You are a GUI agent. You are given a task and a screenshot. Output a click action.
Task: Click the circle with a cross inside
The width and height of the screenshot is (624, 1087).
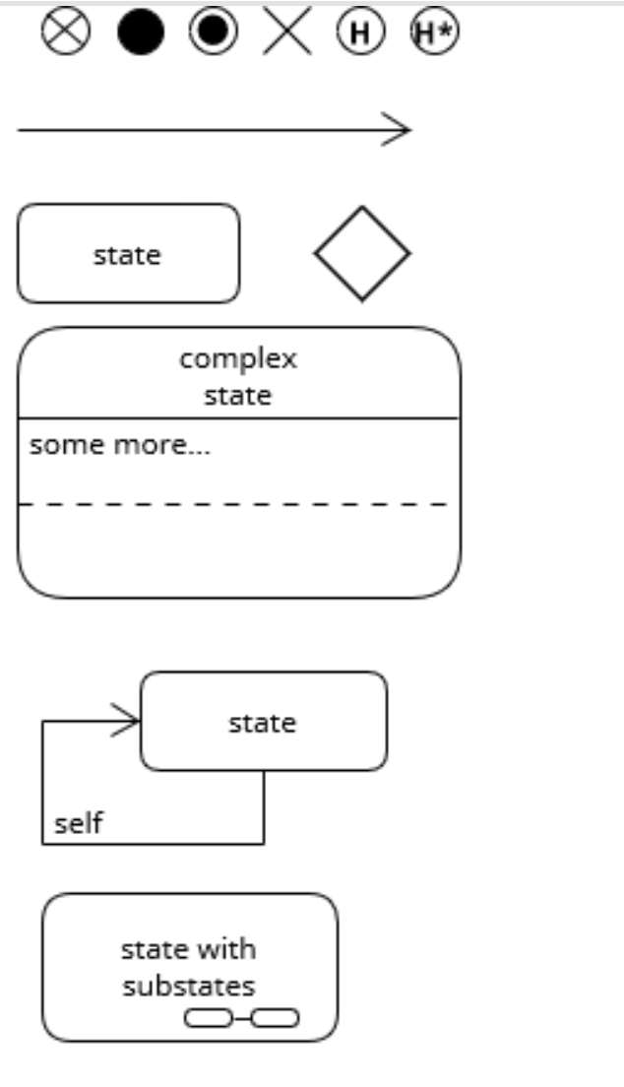[x=66, y=32]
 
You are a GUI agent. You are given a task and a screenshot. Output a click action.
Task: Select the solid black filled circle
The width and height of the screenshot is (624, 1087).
[x=141, y=32]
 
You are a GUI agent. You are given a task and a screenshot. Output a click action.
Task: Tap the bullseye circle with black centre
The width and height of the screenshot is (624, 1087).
[x=213, y=32]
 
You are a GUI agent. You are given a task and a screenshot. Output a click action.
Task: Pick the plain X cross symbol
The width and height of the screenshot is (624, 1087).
[x=287, y=32]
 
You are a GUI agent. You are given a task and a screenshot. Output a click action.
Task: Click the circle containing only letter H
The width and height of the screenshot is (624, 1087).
[x=361, y=32]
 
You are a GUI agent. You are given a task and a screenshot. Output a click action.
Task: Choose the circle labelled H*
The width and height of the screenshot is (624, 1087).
[x=435, y=32]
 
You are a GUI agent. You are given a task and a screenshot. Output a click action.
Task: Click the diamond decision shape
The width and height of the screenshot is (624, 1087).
[x=362, y=253]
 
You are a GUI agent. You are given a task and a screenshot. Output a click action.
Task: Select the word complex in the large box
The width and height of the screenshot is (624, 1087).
[x=237, y=358]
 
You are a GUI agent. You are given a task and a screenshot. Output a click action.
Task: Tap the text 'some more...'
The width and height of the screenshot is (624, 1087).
[x=119, y=445]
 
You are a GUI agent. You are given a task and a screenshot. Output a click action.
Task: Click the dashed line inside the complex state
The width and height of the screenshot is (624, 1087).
[x=236, y=504]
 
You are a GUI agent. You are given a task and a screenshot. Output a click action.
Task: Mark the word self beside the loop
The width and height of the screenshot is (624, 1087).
[x=78, y=823]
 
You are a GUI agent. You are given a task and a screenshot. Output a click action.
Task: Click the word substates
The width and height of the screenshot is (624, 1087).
[x=188, y=986]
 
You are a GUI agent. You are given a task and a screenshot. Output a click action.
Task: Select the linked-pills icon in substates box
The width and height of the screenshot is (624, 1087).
[x=242, y=1018]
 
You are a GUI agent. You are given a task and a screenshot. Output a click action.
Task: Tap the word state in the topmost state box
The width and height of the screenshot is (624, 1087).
[x=127, y=255]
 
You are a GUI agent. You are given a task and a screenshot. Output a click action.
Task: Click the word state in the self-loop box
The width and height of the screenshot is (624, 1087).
[x=262, y=723]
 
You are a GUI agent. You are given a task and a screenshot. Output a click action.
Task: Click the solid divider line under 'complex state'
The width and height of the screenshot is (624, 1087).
[x=238, y=417]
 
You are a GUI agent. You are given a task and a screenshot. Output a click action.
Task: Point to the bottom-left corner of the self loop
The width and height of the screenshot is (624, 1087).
[x=42, y=844]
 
